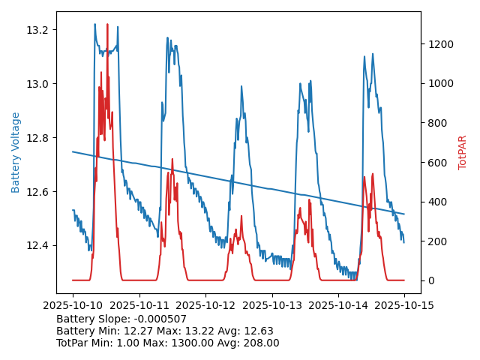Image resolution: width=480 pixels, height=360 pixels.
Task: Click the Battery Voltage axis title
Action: pos(16,152)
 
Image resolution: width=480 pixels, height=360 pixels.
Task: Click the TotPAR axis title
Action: pos(462,152)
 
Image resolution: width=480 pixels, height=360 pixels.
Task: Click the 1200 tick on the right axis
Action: pos(439,44)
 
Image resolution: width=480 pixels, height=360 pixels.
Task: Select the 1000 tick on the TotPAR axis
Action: pos(439,84)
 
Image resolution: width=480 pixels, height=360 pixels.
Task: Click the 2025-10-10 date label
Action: pos(73,304)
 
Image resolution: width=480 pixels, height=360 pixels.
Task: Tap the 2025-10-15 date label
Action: pos(404,304)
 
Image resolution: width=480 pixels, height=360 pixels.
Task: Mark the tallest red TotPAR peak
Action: pos(107,25)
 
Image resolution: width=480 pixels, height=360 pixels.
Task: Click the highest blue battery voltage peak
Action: pos(94,24)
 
